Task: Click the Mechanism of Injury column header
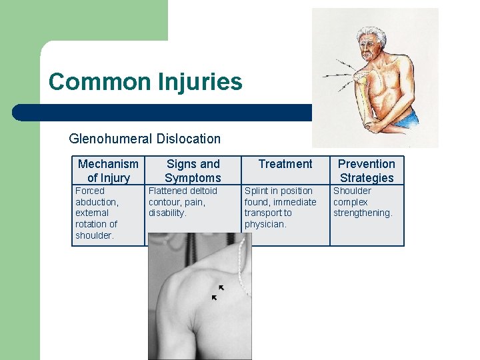(108, 171)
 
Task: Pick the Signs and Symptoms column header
(193, 171)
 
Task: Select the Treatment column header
(285, 164)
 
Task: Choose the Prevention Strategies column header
(367, 171)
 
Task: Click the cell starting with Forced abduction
(97, 213)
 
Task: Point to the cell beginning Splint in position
(280, 207)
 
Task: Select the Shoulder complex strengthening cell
(363, 201)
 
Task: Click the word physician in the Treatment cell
(265, 224)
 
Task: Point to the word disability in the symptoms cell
(167, 213)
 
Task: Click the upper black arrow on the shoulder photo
(221, 288)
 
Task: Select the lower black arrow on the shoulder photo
(214, 297)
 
